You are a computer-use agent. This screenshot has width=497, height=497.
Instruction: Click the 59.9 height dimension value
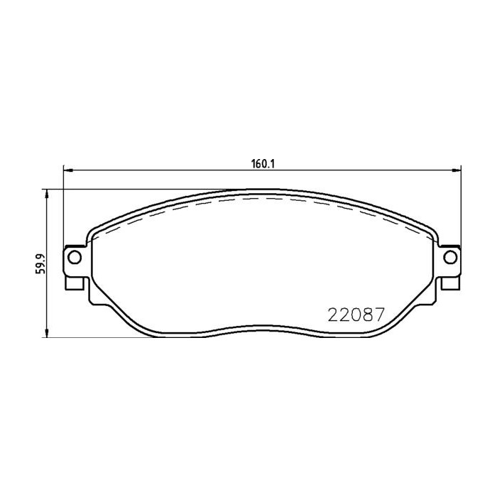[41, 263]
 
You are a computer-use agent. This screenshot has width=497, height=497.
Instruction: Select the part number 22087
[355, 315]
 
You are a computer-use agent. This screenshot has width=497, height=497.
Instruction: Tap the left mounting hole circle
[74, 257]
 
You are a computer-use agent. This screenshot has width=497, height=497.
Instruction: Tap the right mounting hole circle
[449, 257]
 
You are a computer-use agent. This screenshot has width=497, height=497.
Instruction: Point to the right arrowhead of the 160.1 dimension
[457, 170]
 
